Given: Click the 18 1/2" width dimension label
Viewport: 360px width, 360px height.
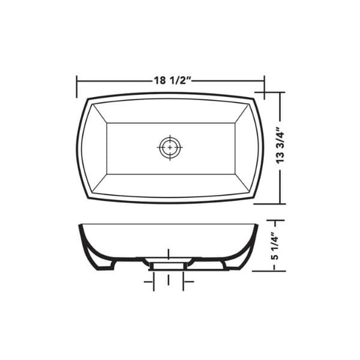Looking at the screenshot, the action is [172, 80].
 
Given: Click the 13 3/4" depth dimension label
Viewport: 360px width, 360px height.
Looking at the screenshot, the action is [280, 145].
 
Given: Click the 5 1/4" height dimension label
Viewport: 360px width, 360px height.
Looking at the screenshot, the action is [275, 246].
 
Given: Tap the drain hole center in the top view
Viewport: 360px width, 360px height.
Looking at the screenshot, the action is [170, 148].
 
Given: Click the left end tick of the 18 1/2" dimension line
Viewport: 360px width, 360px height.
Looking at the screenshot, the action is [77, 86].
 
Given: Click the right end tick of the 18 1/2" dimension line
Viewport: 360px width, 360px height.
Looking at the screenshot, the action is [265, 87].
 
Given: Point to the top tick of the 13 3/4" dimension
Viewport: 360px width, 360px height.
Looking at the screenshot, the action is [270, 92].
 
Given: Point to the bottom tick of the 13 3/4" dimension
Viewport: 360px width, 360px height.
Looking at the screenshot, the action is [269, 203].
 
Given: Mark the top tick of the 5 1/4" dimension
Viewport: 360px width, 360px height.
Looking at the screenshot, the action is [275, 220].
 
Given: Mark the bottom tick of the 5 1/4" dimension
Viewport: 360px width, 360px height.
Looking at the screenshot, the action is [269, 271].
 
